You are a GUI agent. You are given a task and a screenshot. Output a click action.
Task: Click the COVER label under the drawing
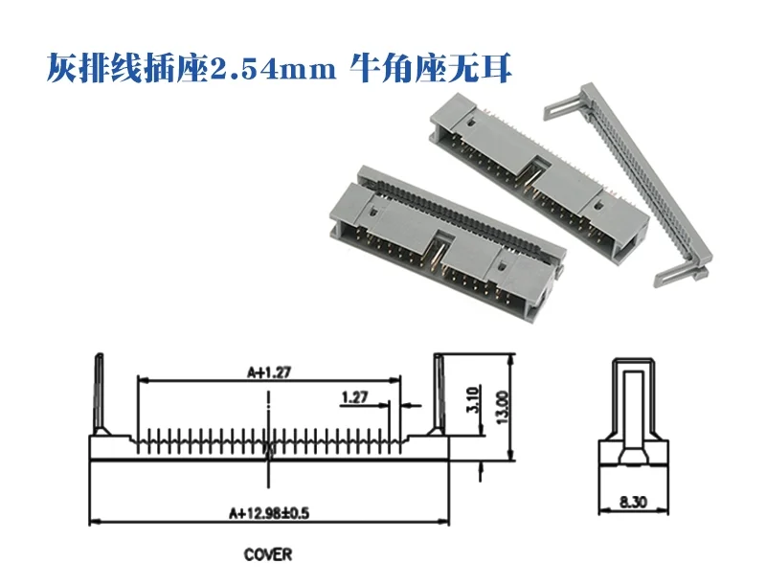[267, 553]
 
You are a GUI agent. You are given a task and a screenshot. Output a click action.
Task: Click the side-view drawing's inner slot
[630, 412]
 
